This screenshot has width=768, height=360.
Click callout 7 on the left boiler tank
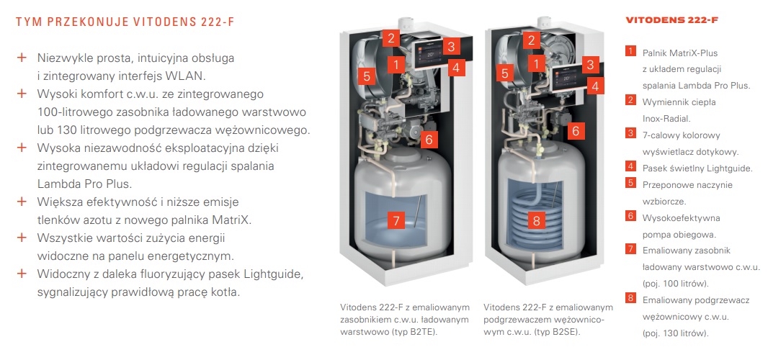396,220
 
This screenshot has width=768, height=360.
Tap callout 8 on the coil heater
536,220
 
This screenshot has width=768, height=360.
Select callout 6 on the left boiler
429,140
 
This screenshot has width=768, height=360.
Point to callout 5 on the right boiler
505,73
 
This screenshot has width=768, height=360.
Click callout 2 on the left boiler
391,37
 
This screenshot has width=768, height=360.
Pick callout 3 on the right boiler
590,64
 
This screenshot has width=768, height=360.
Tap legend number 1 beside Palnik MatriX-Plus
631,51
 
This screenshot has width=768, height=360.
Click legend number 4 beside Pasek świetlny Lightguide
631,166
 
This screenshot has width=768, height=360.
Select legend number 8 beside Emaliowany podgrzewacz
631,298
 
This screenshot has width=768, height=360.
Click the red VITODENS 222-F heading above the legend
671,21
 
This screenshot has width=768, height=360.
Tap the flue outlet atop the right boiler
545,22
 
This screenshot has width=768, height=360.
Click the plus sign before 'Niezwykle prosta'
21,58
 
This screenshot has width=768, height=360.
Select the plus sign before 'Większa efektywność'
21,202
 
